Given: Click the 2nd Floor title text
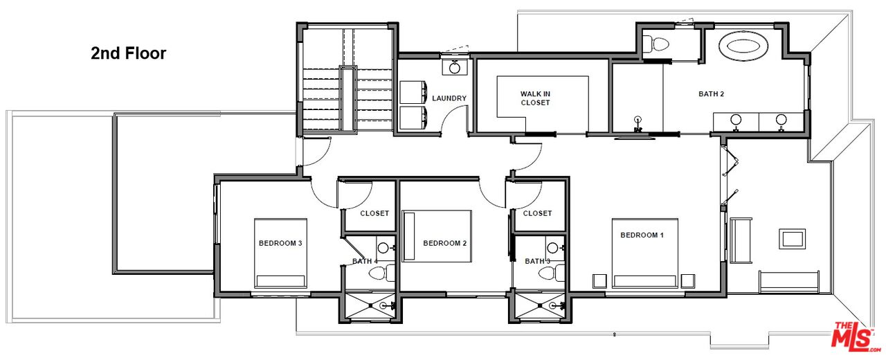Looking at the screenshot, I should pyautogui.click(x=128, y=53).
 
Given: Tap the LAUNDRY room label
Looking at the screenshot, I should pyautogui.click(x=449, y=98).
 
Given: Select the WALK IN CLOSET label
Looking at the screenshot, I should pyautogui.click(x=535, y=98).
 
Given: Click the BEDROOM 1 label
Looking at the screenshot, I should pyautogui.click(x=642, y=235).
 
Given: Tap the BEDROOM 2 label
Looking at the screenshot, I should pyautogui.click(x=445, y=243).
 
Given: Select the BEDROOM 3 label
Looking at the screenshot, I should pyautogui.click(x=280, y=243).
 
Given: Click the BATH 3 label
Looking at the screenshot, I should pyautogui.click(x=537, y=261).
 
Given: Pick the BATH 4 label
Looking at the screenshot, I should pyautogui.click(x=365, y=261).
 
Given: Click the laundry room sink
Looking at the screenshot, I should pyautogui.click(x=455, y=67).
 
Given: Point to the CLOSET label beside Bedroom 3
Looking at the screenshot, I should pyautogui.click(x=374, y=213).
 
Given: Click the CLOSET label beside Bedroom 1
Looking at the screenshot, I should pyautogui.click(x=537, y=213).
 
